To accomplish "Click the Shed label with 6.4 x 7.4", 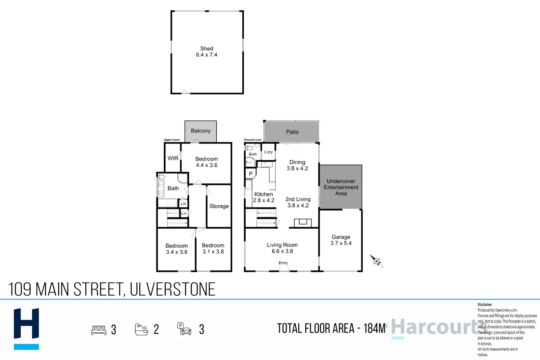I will click(x=207, y=52).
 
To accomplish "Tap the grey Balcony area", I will click(x=200, y=131).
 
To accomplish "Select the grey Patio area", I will click(x=292, y=132).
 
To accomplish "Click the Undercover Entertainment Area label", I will click(x=341, y=187).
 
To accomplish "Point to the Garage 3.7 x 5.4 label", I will click(x=341, y=240).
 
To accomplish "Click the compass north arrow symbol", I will click(x=376, y=261).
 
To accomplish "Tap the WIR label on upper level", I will click(x=173, y=158).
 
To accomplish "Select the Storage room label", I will click(x=219, y=206).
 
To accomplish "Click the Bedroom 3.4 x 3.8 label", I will click(x=177, y=249).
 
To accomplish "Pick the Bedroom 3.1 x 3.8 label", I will click(x=213, y=248).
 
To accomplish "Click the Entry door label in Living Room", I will click(x=283, y=263).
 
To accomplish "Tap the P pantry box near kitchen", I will click(x=250, y=174).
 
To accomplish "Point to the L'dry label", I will click(x=268, y=152).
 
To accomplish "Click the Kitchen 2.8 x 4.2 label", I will click(x=264, y=197).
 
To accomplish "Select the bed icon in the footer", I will click(x=99, y=330).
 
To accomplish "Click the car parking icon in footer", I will click(x=184, y=329).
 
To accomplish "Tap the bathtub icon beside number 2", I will click(x=141, y=329).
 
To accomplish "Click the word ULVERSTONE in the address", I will click(x=172, y=289).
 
